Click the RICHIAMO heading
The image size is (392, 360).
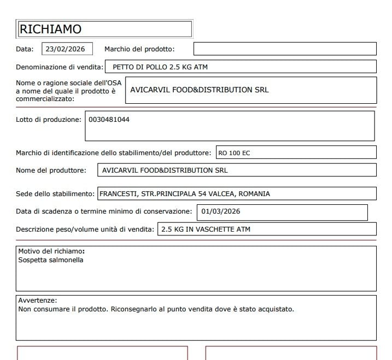tap(50, 29)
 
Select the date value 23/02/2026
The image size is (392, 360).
tap(65, 49)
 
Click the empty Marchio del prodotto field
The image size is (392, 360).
tap(284, 49)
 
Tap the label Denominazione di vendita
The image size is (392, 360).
tap(59, 68)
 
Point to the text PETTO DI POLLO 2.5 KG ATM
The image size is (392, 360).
tap(160, 68)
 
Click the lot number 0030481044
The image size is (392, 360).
tap(109, 120)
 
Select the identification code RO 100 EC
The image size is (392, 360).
tap(234, 153)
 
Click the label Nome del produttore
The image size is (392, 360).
tap(51, 170)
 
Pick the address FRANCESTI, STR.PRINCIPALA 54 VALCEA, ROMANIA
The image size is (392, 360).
tap(185, 194)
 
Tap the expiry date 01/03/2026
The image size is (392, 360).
tap(221, 211)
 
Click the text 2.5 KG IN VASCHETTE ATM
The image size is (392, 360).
tap(206, 229)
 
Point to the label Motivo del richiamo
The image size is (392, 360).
tap(51, 251)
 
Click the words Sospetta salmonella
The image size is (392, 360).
tap(51, 260)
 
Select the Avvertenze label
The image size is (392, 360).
tap(37, 300)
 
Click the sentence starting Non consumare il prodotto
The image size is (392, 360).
tap(156, 309)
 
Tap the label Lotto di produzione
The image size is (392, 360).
tap(49, 120)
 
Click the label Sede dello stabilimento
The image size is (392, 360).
tap(56, 194)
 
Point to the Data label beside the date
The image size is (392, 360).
tap(24, 49)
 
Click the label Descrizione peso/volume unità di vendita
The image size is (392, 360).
tap(85, 229)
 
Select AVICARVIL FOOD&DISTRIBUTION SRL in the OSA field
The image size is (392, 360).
tap(200, 90)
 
